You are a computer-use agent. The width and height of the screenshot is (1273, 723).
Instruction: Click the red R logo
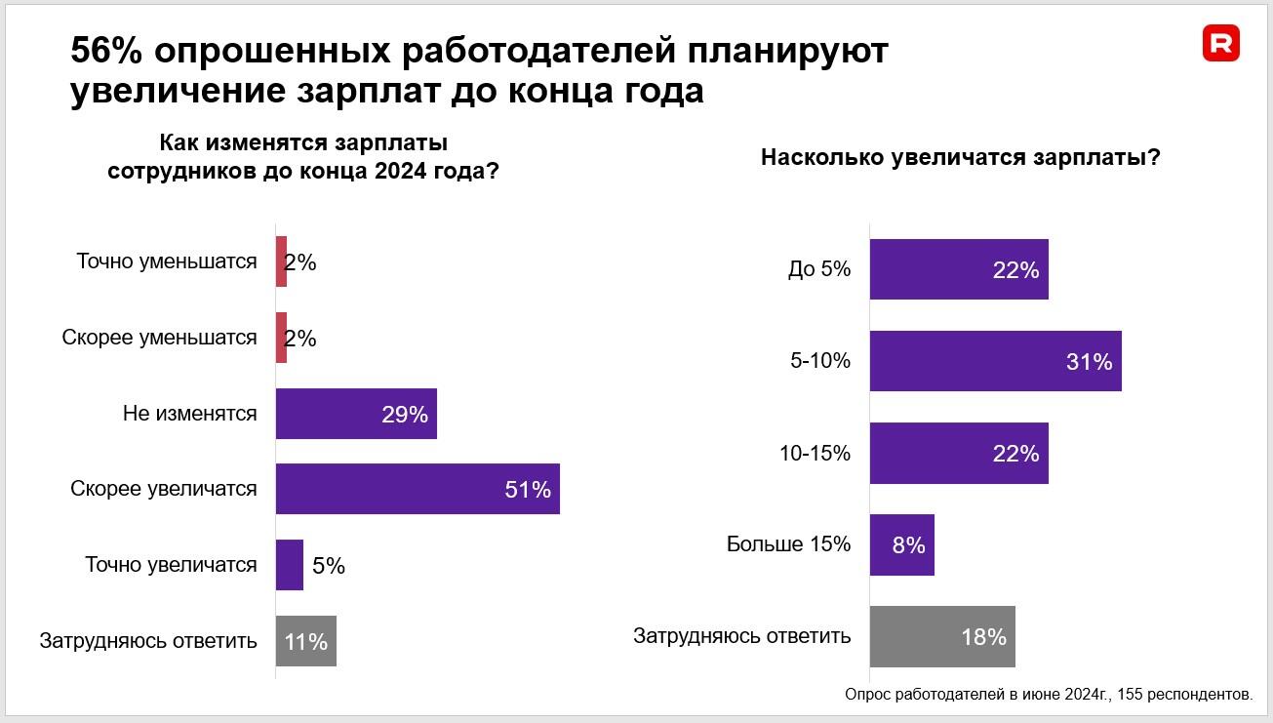coord(1220,43)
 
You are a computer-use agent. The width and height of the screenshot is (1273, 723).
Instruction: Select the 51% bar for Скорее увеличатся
coord(418,489)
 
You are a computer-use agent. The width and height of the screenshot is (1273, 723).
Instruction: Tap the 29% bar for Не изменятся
coord(356,414)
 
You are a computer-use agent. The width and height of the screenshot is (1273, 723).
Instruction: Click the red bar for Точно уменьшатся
coord(281,261)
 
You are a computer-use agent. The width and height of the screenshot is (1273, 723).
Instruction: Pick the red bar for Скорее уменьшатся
coord(281,338)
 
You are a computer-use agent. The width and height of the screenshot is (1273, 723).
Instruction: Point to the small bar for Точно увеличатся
coord(290,565)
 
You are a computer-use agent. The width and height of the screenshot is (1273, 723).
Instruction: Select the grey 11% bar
coord(306,641)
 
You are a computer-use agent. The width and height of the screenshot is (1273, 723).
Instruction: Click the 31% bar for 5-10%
coord(995,361)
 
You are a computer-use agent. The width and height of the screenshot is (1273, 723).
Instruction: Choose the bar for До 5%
coord(959,269)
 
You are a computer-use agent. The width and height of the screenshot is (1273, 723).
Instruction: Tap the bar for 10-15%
coord(959,453)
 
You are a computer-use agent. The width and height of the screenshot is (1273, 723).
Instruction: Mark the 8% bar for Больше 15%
coord(901,544)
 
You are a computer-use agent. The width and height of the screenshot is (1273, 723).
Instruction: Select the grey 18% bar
coord(942,636)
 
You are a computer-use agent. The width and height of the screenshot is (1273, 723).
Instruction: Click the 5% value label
coord(329,566)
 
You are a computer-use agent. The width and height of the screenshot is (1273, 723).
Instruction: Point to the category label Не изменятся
coord(190,414)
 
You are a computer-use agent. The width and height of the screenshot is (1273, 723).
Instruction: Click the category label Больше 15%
coord(788,544)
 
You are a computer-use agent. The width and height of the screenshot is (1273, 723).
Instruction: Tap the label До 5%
coord(819,270)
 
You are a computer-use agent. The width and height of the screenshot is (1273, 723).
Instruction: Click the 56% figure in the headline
coord(105,52)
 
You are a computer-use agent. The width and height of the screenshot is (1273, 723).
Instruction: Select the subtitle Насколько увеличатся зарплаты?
coord(960,158)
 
